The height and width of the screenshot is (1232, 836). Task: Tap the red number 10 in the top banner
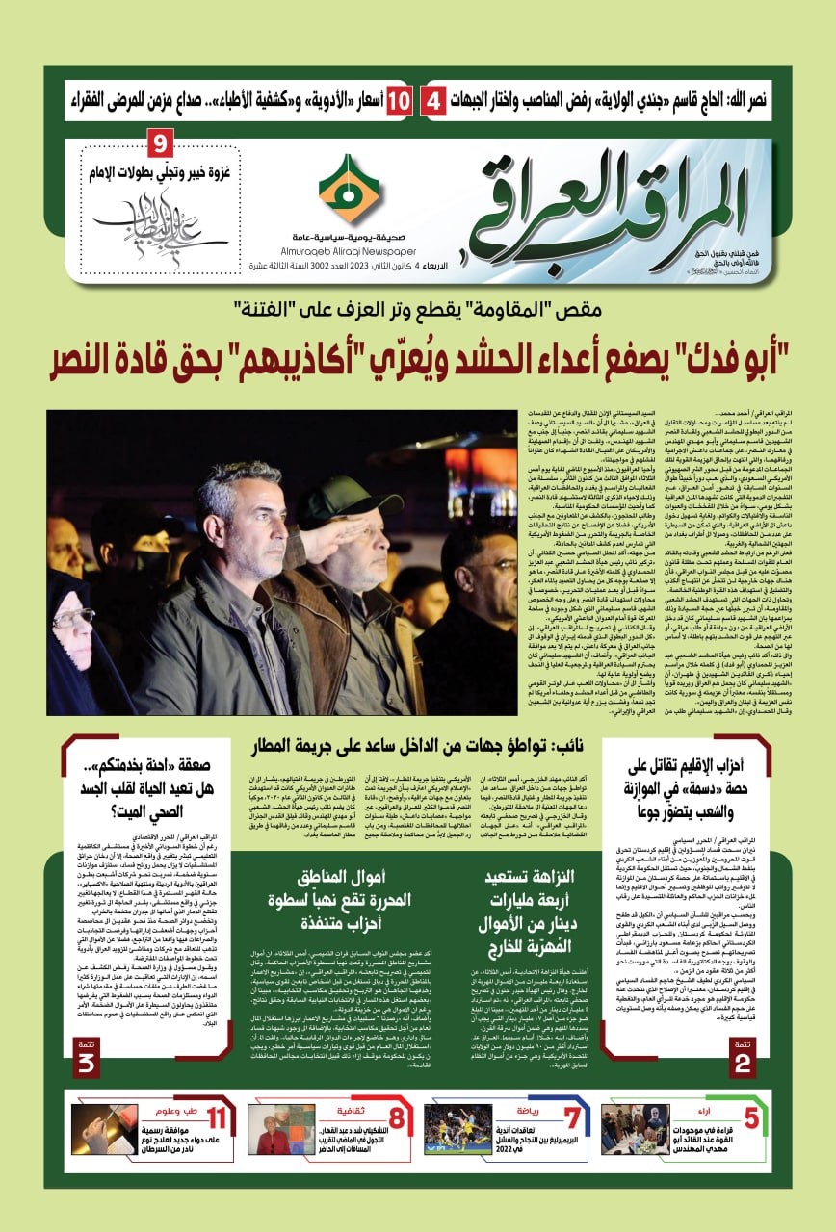tap(402, 99)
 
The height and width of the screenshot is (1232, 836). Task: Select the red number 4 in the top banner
tap(435, 99)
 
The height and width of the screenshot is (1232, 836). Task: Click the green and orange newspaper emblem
tap(349, 190)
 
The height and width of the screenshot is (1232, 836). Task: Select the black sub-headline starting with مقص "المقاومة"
tap(417, 310)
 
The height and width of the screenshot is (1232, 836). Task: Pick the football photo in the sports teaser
tap(457, 1128)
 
